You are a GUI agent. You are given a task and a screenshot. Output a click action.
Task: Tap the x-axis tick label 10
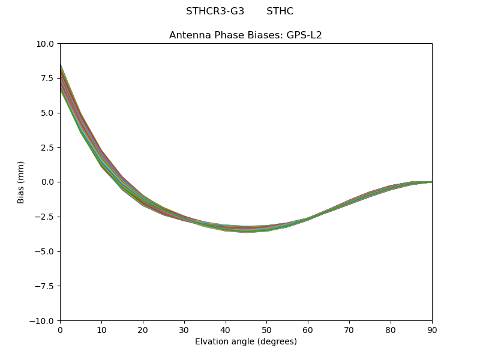tap(101, 330)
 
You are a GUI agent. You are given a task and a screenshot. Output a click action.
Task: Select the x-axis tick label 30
tap(184, 330)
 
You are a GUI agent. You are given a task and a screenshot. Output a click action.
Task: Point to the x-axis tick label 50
tap(266, 330)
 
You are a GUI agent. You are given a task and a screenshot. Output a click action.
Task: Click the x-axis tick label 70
tap(349, 330)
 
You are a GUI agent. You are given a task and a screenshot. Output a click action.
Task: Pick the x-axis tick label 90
tap(432, 330)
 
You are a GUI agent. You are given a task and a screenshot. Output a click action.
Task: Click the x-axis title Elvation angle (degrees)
tap(246, 342)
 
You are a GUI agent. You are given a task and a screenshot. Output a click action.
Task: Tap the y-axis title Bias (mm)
tap(21, 182)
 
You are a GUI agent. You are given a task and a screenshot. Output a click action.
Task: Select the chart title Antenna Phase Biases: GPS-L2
tap(245, 35)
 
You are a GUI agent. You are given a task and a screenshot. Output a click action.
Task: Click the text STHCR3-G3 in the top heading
tap(215, 11)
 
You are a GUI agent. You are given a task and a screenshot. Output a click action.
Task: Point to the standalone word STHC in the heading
tap(280, 11)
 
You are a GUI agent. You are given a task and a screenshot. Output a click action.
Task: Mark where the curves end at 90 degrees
tap(431, 181)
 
